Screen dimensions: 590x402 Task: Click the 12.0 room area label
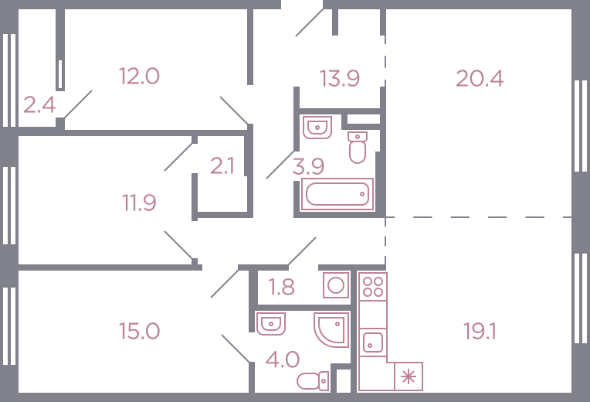(139, 76)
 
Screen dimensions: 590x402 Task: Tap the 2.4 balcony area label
(39, 104)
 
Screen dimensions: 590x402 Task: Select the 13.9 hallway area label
(339, 79)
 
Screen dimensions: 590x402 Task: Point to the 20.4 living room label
(480, 79)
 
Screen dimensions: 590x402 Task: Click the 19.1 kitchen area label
(480, 332)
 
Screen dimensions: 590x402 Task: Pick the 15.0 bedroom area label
(139, 331)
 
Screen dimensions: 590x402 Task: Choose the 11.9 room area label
(139, 203)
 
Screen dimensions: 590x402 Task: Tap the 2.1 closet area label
(222, 166)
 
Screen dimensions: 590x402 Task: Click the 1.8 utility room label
(281, 287)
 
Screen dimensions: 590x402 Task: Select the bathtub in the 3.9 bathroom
(337, 194)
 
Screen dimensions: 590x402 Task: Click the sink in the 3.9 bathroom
(317, 128)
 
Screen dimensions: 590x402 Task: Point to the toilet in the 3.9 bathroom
(357, 148)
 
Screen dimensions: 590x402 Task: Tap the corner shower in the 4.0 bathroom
(331, 329)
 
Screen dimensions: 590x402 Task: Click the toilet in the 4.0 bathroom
(313, 381)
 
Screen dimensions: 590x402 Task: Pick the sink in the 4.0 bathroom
(270, 324)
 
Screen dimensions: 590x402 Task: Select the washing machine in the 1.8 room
(336, 285)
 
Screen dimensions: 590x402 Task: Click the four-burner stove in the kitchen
(372, 287)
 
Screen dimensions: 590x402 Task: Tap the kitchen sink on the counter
(372, 342)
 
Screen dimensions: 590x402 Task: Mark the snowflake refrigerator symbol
(409, 376)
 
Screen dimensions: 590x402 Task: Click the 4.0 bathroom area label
(282, 359)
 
